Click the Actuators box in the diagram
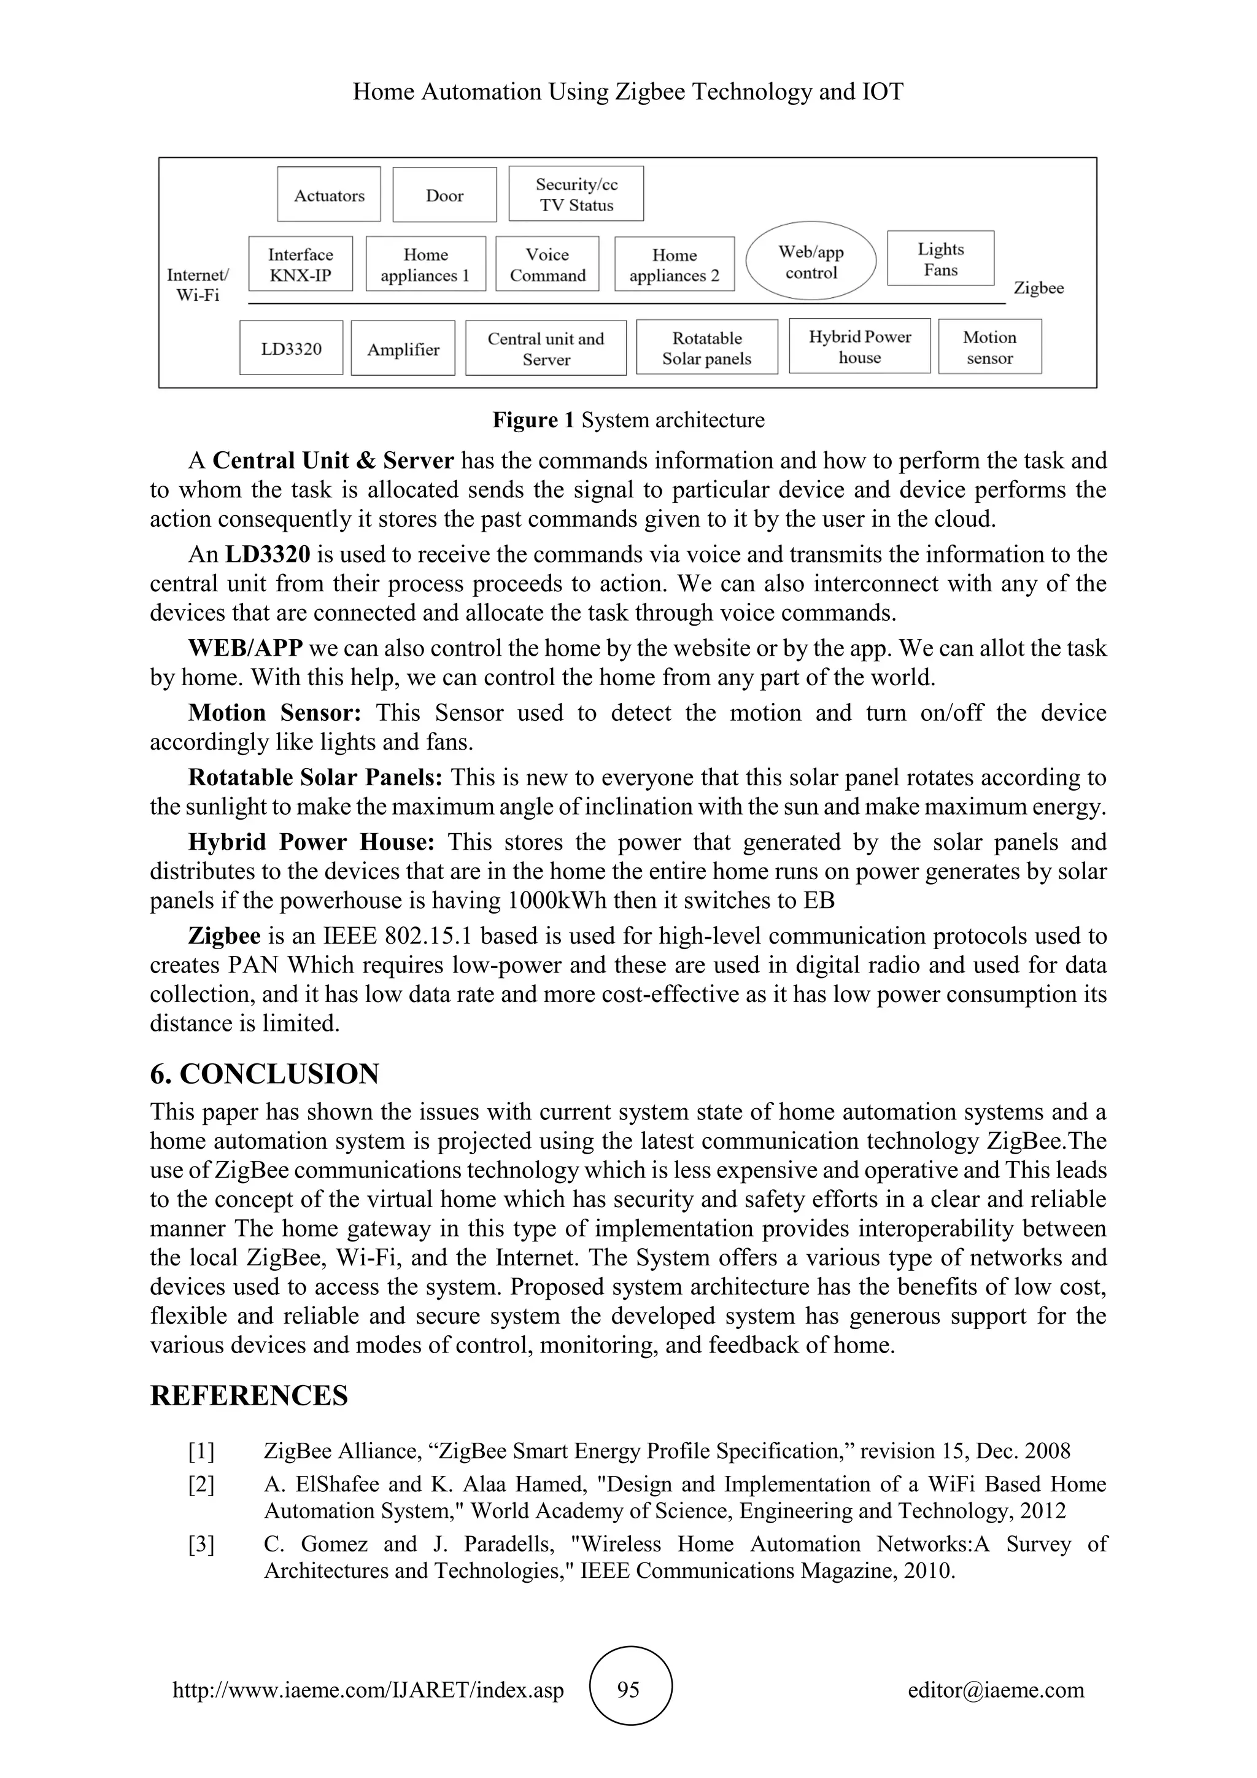pos(329,195)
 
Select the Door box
pos(444,195)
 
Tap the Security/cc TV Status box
pos(576,195)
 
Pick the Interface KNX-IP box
pos(300,264)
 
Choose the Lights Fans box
pos(940,258)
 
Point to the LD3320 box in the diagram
pos(291,349)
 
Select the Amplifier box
pos(403,349)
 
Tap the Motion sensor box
pos(989,347)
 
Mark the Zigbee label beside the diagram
pos(1038,288)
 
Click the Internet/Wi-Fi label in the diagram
pos(198,284)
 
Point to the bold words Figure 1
pos(533,421)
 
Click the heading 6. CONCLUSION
pos(265,1074)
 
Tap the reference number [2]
pos(201,1485)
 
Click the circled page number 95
pos(628,1690)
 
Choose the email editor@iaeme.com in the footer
pos(996,1690)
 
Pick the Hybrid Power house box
pos(859,346)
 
